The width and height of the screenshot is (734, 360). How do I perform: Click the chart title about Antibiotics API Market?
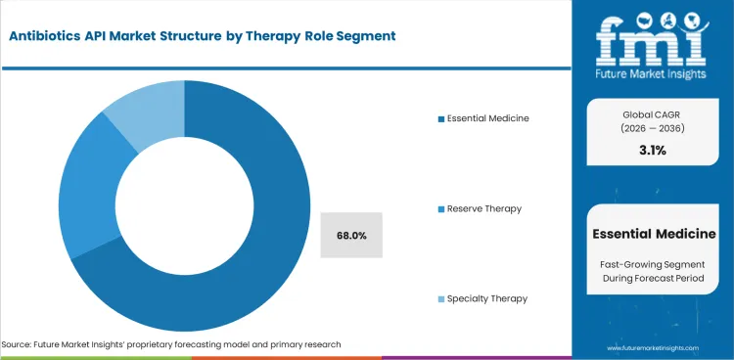201,35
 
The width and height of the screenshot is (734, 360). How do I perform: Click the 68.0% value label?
351,235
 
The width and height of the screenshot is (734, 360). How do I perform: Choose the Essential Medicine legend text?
488,118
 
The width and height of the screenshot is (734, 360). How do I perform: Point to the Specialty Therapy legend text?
488,298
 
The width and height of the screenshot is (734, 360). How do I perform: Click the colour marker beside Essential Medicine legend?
441,118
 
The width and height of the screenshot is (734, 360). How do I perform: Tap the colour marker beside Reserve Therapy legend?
441,208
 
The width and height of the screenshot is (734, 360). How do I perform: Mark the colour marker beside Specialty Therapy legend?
441,298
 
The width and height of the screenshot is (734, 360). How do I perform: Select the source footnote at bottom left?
171,345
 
